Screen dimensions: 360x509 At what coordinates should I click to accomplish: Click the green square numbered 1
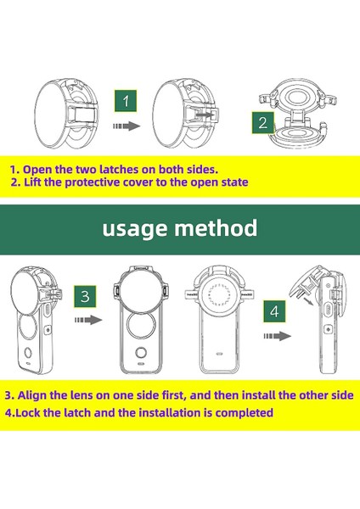[x=126, y=101]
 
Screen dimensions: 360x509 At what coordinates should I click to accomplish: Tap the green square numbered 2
[x=262, y=122]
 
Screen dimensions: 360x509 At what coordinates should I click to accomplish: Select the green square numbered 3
[x=84, y=296]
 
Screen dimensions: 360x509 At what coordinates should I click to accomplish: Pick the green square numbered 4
[x=274, y=311]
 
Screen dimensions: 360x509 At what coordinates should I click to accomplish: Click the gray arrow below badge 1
[x=127, y=126]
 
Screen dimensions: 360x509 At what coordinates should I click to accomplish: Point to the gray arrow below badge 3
[x=88, y=320]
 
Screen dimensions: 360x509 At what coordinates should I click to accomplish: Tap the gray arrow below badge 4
[x=277, y=336]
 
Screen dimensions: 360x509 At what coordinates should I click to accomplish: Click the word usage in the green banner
[x=136, y=229]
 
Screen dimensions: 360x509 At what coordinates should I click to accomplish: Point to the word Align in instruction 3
[x=32, y=395]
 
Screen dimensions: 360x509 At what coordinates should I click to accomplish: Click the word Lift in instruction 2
[x=32, y=182]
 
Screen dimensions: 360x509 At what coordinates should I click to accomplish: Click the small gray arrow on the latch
[x=204, y=115]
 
